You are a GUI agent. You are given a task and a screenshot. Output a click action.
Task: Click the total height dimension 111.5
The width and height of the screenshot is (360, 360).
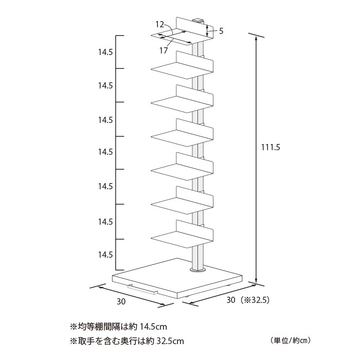[x=271, y=147]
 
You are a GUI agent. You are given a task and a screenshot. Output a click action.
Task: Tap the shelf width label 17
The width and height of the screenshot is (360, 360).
[x=164, y=50]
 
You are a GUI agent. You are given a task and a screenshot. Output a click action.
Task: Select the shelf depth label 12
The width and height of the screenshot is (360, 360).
[x=160, y=24]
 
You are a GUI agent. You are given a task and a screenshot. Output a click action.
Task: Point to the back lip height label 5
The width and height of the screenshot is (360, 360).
[x=221, y=31]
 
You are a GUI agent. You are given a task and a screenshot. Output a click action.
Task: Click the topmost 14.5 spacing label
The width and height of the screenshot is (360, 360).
[x=105, y=52]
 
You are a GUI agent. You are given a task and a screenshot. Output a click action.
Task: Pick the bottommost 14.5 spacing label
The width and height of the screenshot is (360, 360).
[x=105, y=255]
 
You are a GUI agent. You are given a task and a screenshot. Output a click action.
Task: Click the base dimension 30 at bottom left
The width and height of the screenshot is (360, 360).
[x=121, y=301]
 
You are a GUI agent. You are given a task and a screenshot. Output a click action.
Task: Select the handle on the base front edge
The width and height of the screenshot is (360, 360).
[x=143, y=289]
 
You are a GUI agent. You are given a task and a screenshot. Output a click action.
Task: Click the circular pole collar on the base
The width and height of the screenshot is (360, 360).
[x=197, y=269]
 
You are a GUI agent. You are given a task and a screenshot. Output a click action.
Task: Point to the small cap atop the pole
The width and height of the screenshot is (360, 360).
[x=199, y=20]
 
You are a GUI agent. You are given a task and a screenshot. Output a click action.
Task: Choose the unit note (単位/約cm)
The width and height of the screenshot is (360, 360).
[x=290, y=340]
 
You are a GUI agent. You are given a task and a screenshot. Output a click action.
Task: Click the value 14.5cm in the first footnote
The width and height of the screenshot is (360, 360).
[x=153, y=327]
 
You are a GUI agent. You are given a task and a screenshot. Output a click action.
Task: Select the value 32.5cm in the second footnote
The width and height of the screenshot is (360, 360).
[x=170, y=341]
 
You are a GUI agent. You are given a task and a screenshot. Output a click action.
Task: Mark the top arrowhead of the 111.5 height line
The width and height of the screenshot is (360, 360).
[x=256, y=39]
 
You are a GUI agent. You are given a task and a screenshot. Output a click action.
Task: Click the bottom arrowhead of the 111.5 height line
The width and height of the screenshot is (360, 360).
[x=256, y=281]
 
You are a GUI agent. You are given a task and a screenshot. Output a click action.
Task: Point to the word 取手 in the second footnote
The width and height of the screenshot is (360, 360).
[x=86, y=341]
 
